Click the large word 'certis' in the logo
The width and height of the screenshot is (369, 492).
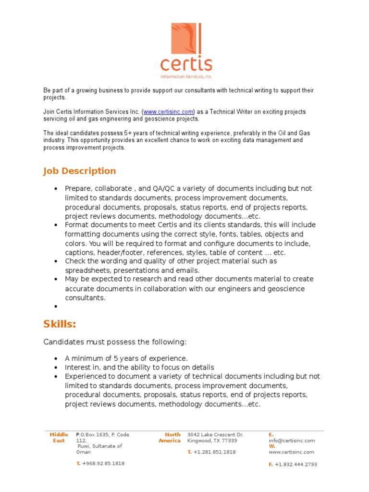pyautogui.click(x=186, y=64)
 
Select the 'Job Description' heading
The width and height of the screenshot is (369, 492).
pyautogui.click(x=79, y=171)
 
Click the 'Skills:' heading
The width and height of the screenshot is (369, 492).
pyautogui.click(x=60, y=324)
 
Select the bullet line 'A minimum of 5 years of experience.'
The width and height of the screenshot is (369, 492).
pyautogui.click(x=126, y=358)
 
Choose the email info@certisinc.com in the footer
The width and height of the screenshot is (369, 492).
pyautogui.click(x=292, y=441)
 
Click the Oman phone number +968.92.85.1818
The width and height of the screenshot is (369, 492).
pyautogui.click(x=103, y=464)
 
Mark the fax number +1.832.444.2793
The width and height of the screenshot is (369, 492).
pyautogui.click(x=295, y=465)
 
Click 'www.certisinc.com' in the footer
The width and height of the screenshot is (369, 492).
pyautogui.click(x=291, y=452)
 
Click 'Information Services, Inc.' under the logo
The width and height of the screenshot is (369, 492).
pyautogui.click(x=186, y=76)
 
